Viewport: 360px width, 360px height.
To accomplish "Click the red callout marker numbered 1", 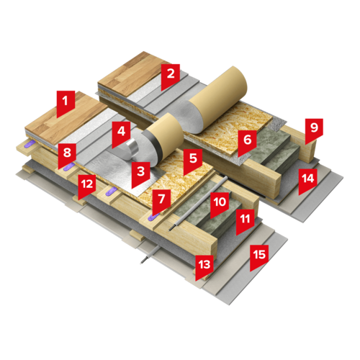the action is click(66, 104).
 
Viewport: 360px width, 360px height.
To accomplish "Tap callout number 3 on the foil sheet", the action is click(140, 174).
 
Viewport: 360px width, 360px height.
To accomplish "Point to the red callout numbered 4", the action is click(121, 135).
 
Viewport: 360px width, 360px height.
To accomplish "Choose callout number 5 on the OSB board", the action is click(193, 161).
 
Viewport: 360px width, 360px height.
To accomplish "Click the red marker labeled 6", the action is click(247, 143).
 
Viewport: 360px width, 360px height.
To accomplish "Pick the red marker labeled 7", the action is click(161, 202).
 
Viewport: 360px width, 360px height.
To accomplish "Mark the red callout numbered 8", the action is click(67, 156).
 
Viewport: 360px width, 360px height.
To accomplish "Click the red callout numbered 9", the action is click(314, 131).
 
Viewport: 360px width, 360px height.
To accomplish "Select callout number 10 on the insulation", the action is click(220, 205).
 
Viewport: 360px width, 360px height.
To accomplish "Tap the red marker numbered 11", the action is click(246, 222).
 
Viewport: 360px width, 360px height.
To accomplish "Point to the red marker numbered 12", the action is click(87, 187).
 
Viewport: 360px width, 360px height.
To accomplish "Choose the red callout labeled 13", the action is click(204, 268).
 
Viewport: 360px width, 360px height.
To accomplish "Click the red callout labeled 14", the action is click(308, 181).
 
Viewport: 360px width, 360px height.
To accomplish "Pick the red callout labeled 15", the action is click(259, 258).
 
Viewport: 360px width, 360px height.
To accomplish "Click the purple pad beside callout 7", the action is click(154, 217).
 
